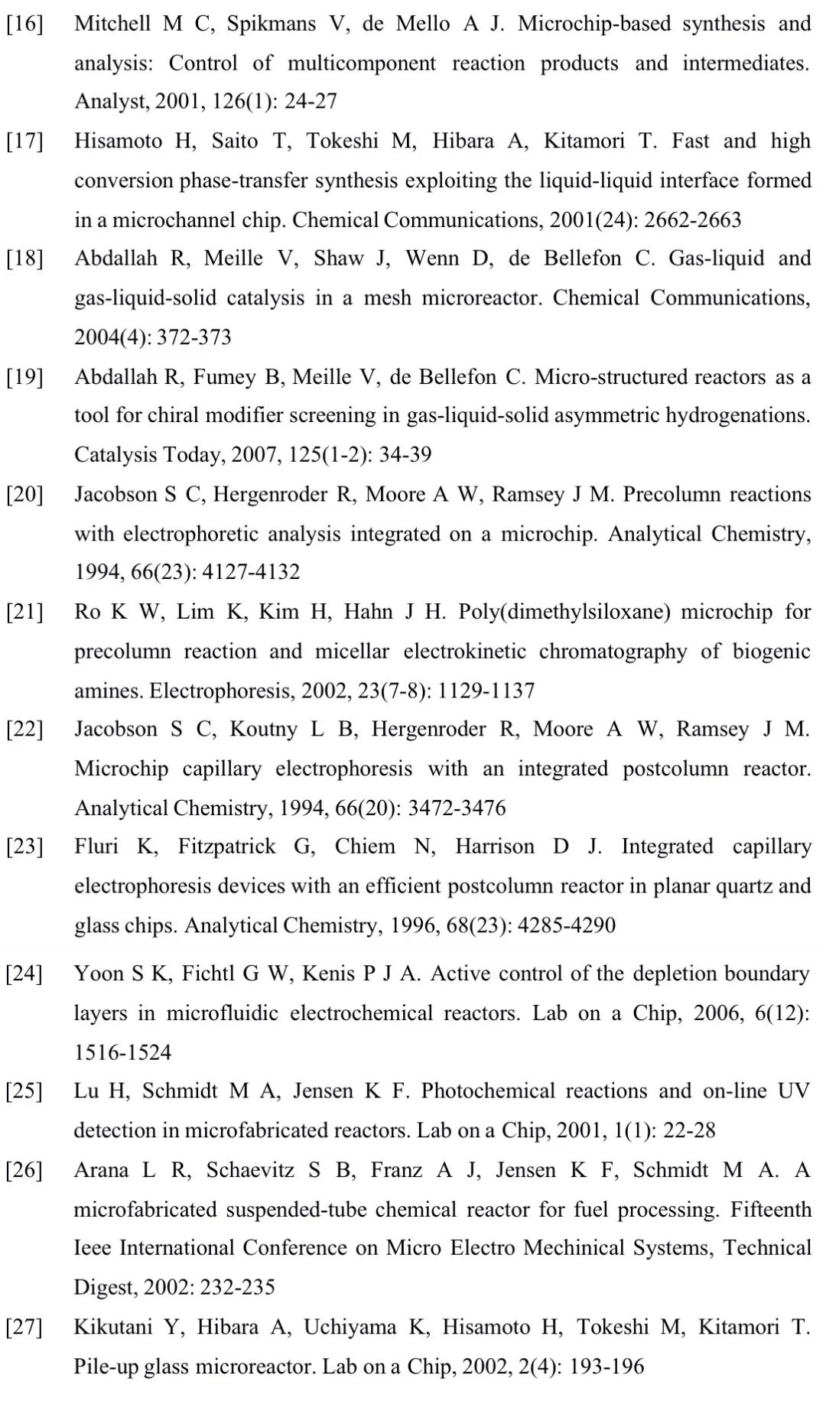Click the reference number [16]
coord(24,24)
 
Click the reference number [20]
coord(24,494)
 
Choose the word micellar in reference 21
coord(352,651)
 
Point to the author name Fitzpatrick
coord(226,847)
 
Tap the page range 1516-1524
coord(122,1052)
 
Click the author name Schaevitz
coord(250,1170)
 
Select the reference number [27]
coord(24,1327)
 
